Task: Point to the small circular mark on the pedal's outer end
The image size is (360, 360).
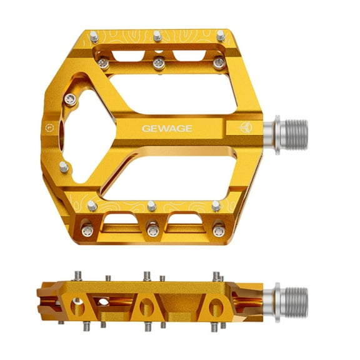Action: [x=49, y=129]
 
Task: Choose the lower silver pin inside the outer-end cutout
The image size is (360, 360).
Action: [x=64, y=166]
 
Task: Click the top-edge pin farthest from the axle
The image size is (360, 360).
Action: [x=92, y=35]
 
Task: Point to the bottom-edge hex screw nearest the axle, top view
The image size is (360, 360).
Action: [x=217, y=231]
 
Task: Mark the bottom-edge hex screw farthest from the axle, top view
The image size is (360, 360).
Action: [x=87, y=231]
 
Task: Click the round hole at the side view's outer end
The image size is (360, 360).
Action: [x=76, y=306]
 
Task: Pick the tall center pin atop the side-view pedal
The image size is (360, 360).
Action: [x=146, y=276]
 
